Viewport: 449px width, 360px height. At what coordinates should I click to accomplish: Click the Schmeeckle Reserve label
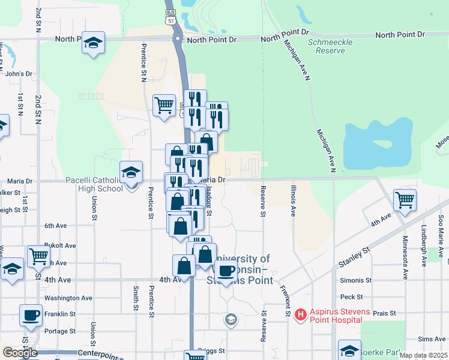tap(327, 47)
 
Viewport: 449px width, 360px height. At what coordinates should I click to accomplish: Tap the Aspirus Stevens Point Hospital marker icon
tap(301, 314)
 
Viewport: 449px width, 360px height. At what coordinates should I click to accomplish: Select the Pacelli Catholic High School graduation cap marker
tap(131, 173)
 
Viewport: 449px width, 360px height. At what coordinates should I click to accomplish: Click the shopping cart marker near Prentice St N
tap(164, 106)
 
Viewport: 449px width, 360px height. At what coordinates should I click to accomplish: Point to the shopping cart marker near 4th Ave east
tap(405, 200)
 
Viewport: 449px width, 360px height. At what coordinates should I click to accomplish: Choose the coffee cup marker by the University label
tap(226, 271)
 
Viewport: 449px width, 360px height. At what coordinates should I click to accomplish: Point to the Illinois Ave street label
tap(294, 200)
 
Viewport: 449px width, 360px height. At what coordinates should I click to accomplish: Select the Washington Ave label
tap(68, 298)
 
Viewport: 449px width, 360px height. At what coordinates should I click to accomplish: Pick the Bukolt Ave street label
tap(60, 245)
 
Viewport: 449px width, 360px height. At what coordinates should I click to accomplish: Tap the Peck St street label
tap(351, 296)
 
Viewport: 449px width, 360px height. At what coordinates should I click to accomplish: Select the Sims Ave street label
tap(432, 339)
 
